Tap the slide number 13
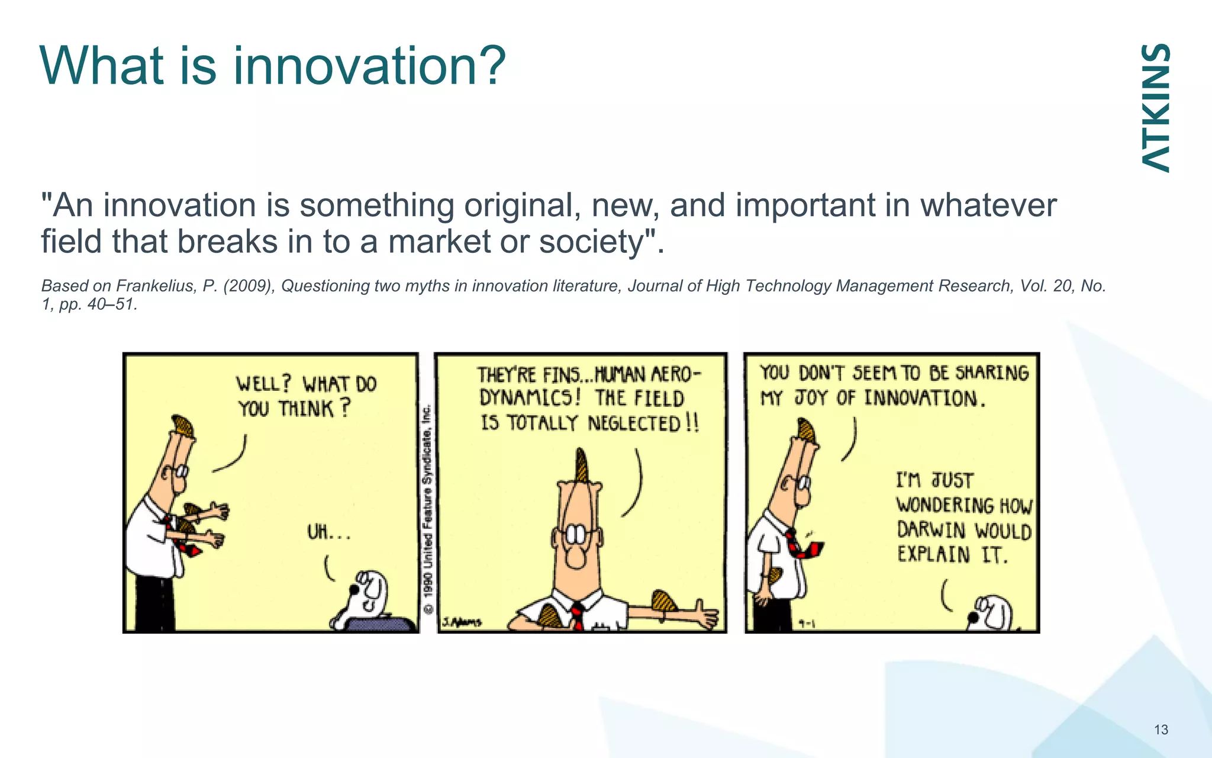(1161, 730)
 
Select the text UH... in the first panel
(328, 532)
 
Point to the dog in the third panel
(991, 614)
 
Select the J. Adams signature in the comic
(462, 622)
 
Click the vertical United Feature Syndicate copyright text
(428, 509)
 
